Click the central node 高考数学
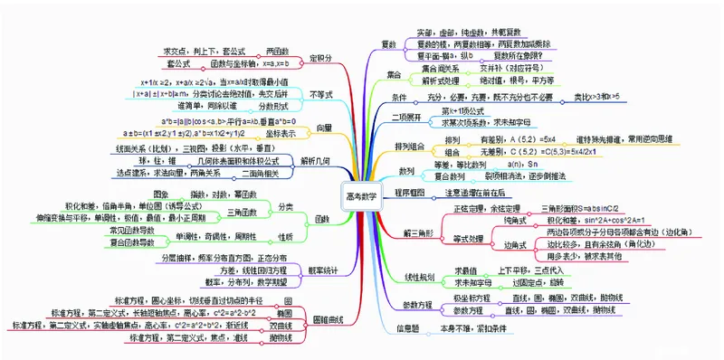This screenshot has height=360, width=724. [363, 194]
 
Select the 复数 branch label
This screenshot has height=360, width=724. [389, 44]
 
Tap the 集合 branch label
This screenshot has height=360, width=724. [393, 73]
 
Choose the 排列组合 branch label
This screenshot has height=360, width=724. [409, 146]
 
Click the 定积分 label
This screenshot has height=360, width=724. [320, 57]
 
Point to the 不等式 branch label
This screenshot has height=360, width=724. [321, 93]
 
